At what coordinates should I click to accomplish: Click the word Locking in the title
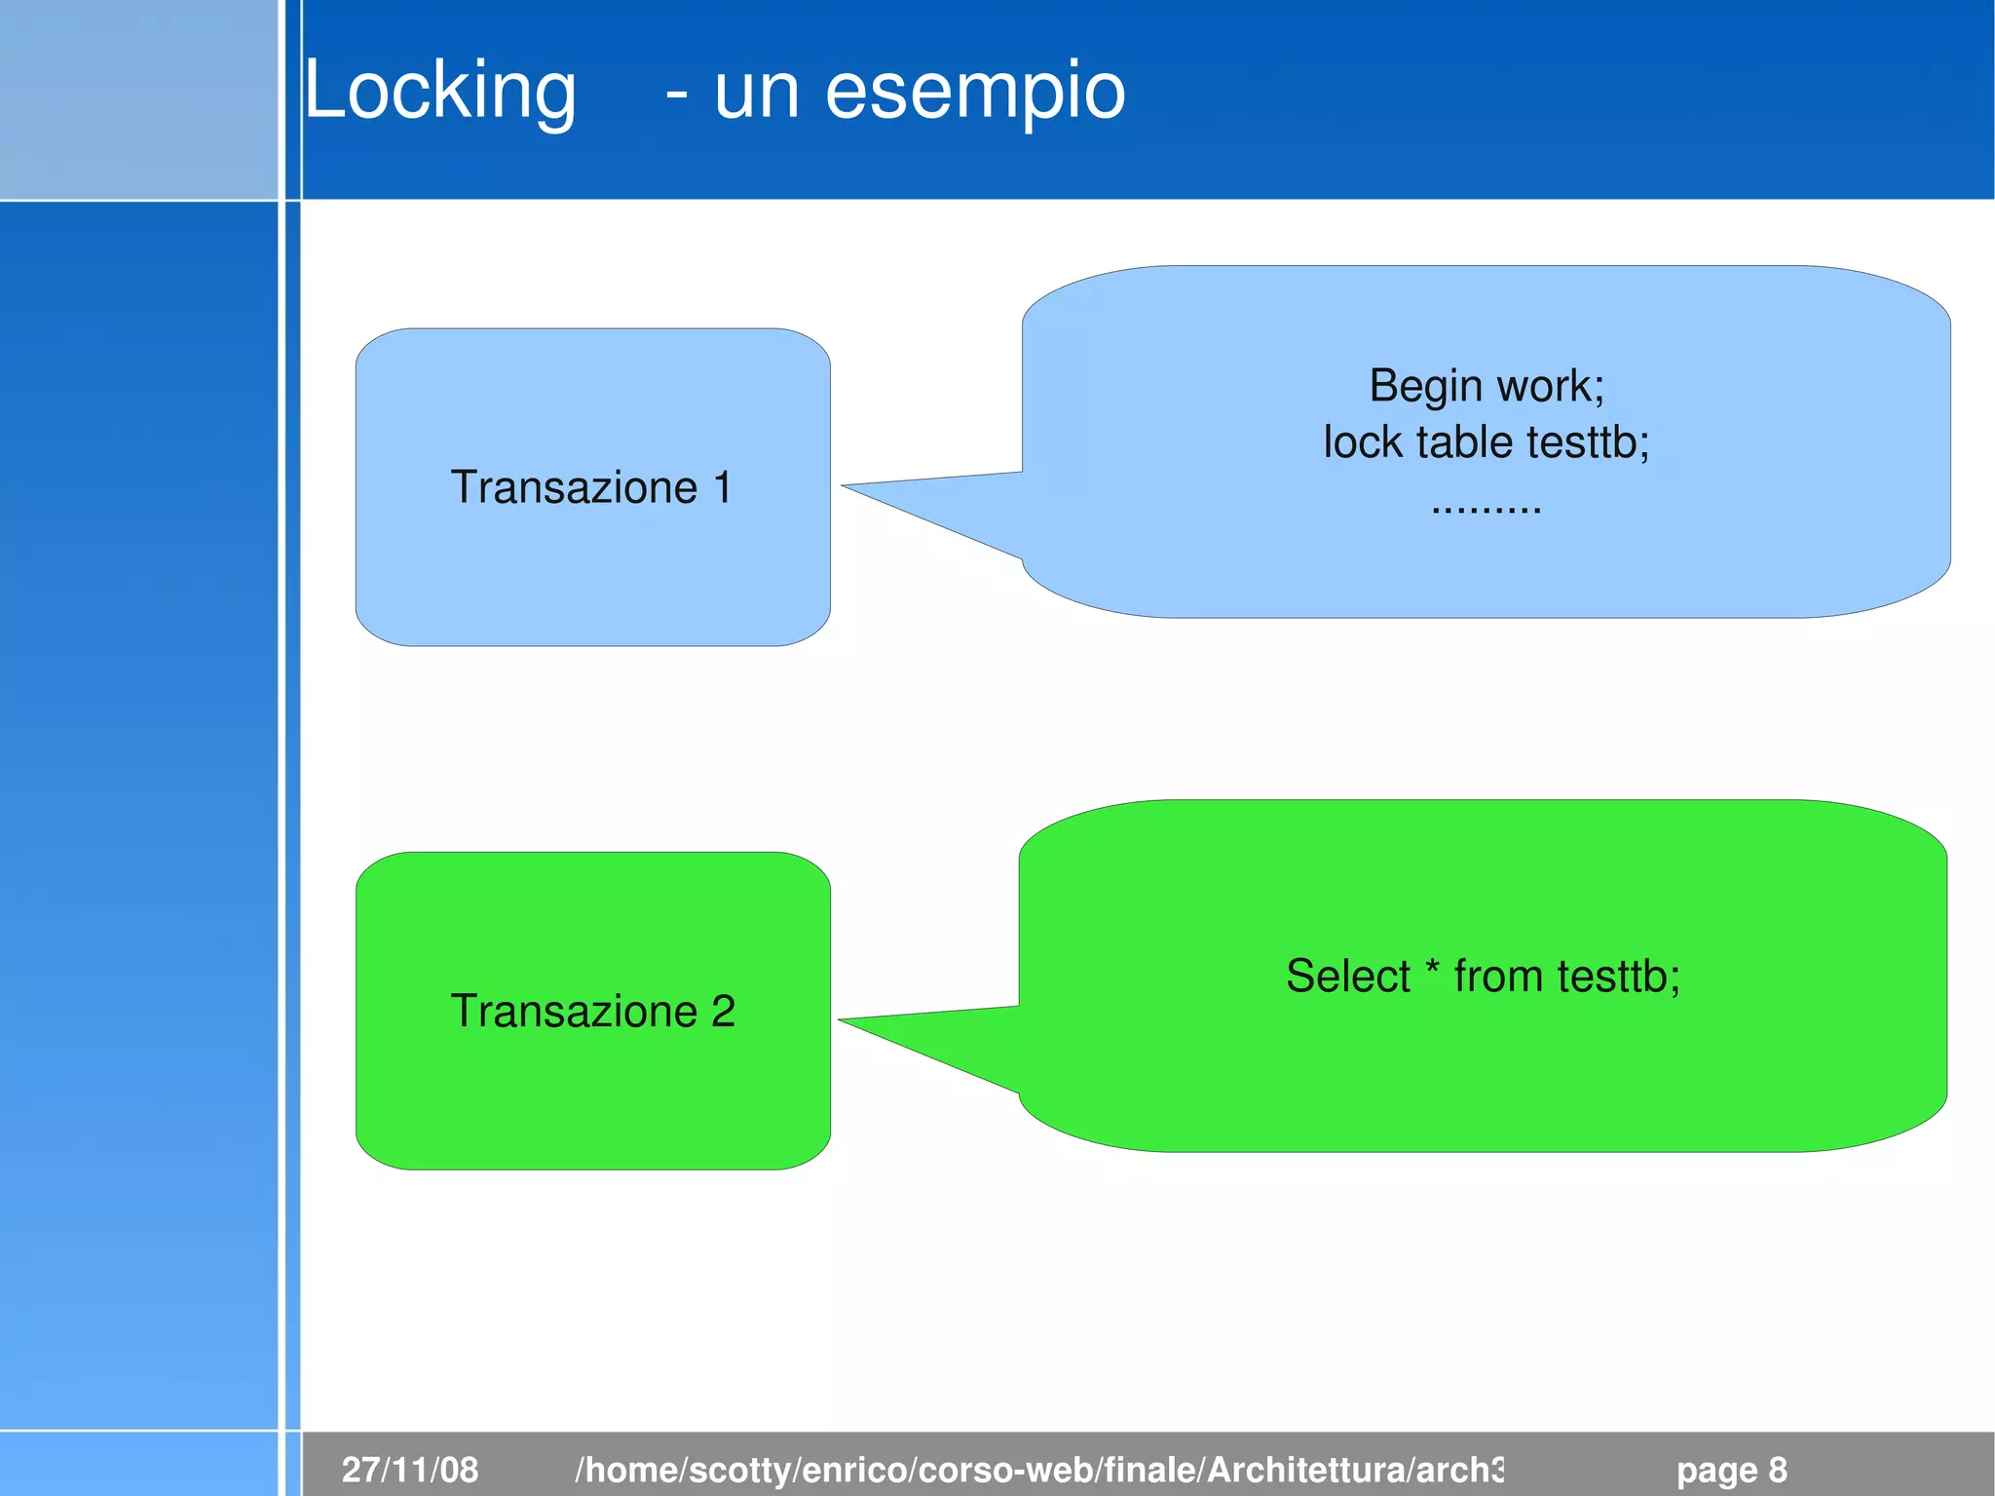pos(440,90)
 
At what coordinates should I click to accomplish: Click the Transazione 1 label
pos(591,487)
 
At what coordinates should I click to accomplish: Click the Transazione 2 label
pos(592,1011)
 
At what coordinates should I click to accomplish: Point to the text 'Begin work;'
pos(1487,386)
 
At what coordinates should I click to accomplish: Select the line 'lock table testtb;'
pos(1487,442)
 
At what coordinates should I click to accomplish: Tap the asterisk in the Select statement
pos(1432,969)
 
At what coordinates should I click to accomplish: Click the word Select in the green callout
pos(1347,976)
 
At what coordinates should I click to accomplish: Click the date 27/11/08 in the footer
pos(410,1470)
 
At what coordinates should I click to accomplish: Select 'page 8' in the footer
pos(1731,1470)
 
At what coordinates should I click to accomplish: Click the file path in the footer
pos(1039,1470)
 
